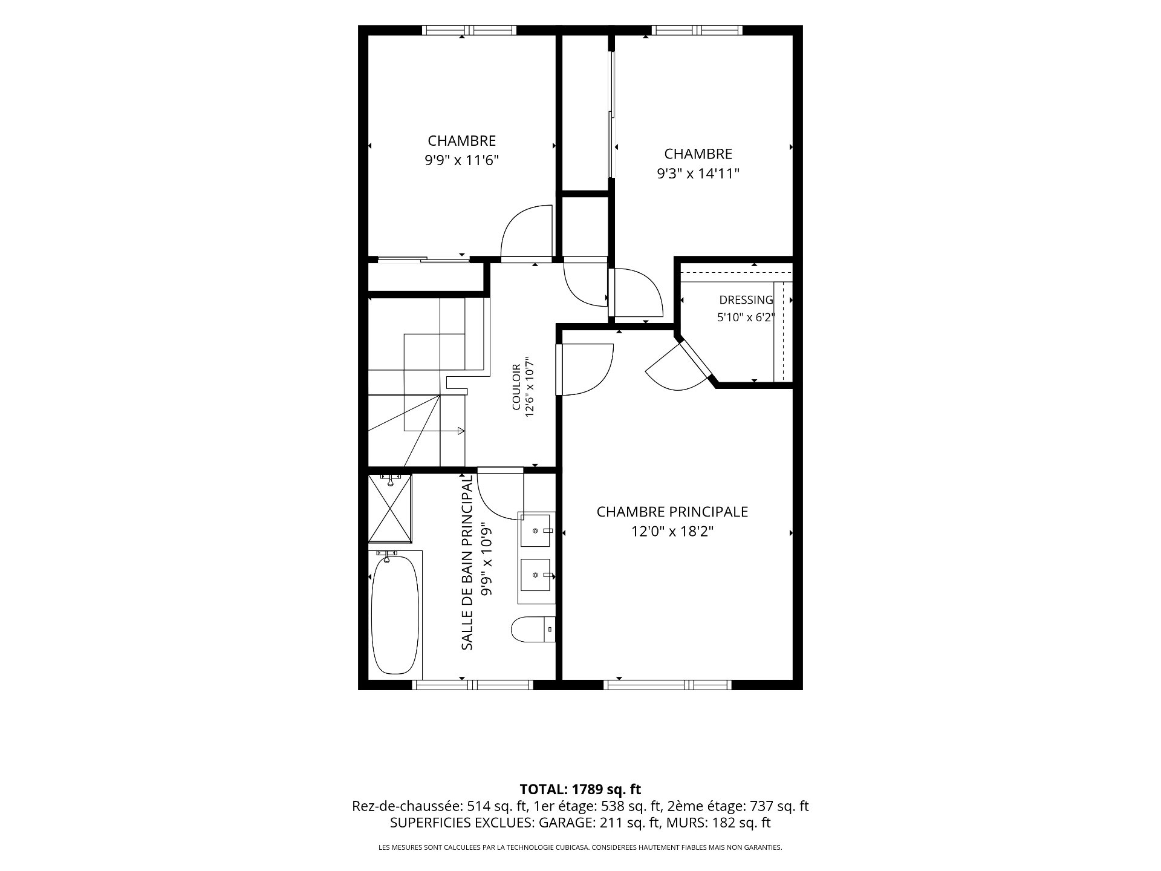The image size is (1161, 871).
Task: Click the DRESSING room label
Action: click(746, 300)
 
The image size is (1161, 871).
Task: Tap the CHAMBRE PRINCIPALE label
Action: click(672, 512)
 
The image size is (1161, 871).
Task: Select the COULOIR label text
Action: click(516, 387)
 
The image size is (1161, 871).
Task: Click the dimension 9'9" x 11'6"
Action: click(462, 160)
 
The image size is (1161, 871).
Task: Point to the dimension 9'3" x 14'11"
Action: click(698, 174)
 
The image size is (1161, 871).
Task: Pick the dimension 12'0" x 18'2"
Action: click(672, 532)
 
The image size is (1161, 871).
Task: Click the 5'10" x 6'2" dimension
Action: click(746, 318)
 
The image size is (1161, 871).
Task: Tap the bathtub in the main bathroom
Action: click(394, 615)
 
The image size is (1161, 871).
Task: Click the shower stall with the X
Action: click(391, 508)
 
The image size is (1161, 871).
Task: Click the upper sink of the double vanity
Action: click(536, 530)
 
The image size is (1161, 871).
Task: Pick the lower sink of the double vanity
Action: click(536, 577)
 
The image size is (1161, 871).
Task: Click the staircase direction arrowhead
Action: click(461, 431)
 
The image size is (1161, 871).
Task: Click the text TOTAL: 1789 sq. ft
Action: click(580, 789)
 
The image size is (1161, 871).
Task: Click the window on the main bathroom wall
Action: click(472, 685)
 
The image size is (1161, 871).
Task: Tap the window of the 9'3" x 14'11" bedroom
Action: click(697, 30)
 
